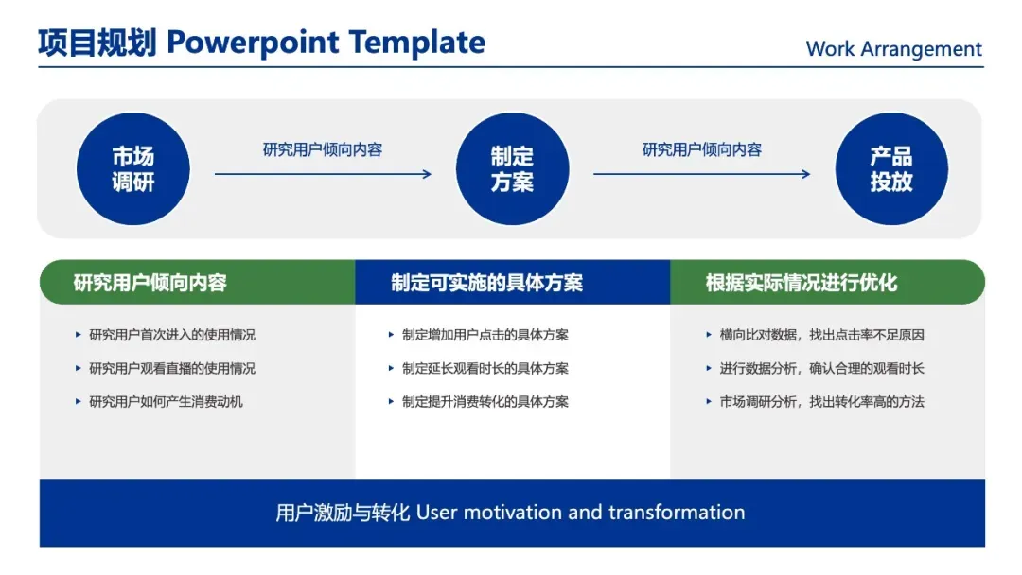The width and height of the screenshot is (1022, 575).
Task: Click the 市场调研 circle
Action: point(133,168)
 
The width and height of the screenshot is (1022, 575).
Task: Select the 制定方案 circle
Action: point(512,168)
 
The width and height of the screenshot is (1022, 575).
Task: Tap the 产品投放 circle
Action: point(891,168)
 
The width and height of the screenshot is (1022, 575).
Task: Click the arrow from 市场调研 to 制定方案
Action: point(323,174)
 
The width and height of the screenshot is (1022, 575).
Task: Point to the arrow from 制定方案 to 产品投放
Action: point(702,174)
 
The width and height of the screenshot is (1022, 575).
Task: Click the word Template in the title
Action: point(417,43)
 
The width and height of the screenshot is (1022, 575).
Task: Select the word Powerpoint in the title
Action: point(254,43)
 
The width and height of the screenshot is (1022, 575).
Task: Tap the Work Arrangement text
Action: point(893,49)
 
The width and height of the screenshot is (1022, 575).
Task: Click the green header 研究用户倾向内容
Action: point(150,283)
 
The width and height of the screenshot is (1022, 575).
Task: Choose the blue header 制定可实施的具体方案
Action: point(487,283)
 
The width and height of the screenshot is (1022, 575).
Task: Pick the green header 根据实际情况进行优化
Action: point(802,283)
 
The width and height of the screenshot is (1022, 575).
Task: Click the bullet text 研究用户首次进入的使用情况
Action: point(172,335)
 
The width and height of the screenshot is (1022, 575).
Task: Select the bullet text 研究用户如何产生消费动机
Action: point(166,402)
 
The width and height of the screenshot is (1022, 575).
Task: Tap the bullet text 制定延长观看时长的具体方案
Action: point(485,369)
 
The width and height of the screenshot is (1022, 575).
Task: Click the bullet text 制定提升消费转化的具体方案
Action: point(485,402)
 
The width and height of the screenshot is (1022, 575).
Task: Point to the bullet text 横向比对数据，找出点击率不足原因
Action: point(822,335)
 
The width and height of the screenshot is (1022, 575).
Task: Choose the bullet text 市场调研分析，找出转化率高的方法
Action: point(822,402)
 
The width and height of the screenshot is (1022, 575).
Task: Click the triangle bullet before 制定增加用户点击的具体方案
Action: point(391,335)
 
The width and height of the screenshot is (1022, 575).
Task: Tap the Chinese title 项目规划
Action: point(97,43)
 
